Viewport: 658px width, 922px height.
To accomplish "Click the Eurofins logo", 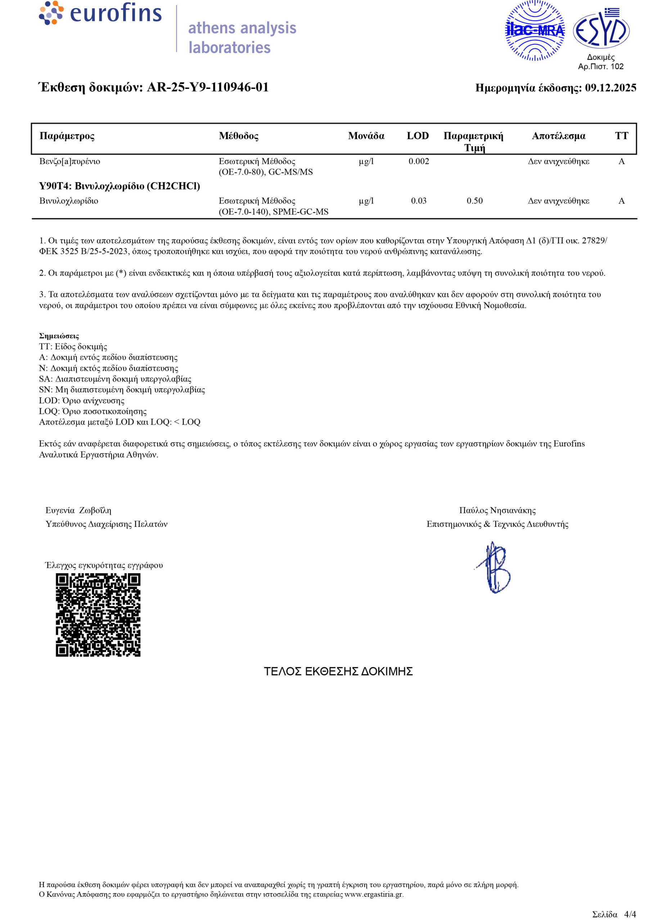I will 100,13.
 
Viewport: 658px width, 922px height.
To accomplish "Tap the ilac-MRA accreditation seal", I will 535,30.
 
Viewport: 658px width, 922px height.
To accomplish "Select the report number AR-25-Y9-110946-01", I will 207,88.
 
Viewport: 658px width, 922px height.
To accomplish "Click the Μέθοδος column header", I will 239,136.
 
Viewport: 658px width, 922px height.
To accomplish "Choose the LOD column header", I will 418,136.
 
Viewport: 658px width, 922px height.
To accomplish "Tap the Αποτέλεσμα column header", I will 558,136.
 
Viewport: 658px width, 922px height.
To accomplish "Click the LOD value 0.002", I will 419,162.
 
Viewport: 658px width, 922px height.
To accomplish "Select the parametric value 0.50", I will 474,201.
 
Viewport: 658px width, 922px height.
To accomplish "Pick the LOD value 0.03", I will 419,201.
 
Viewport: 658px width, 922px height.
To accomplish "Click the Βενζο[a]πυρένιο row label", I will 70,162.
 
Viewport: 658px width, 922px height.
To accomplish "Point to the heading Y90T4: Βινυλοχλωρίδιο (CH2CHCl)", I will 120,187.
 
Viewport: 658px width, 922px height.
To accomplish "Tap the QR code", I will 98,615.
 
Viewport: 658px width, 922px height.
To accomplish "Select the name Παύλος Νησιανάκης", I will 497,511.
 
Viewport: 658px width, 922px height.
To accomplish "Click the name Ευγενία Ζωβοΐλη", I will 78,511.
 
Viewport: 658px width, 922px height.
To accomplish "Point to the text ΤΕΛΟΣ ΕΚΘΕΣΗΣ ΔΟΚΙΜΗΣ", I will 338,672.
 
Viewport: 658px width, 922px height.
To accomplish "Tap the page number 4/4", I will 630,914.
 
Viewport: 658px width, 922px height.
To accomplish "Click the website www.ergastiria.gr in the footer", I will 374,894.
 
